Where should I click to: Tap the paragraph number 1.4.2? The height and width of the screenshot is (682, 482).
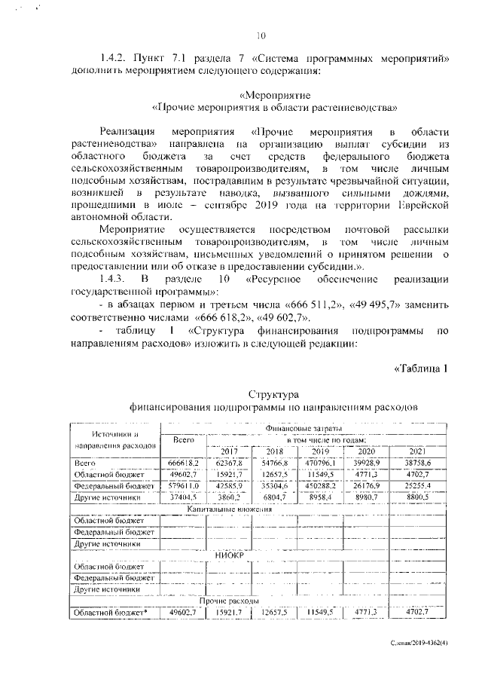coord(115,58)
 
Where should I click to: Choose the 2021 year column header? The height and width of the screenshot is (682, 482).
coord(418,451)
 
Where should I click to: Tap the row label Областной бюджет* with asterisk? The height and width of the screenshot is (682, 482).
coord(111,612)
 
